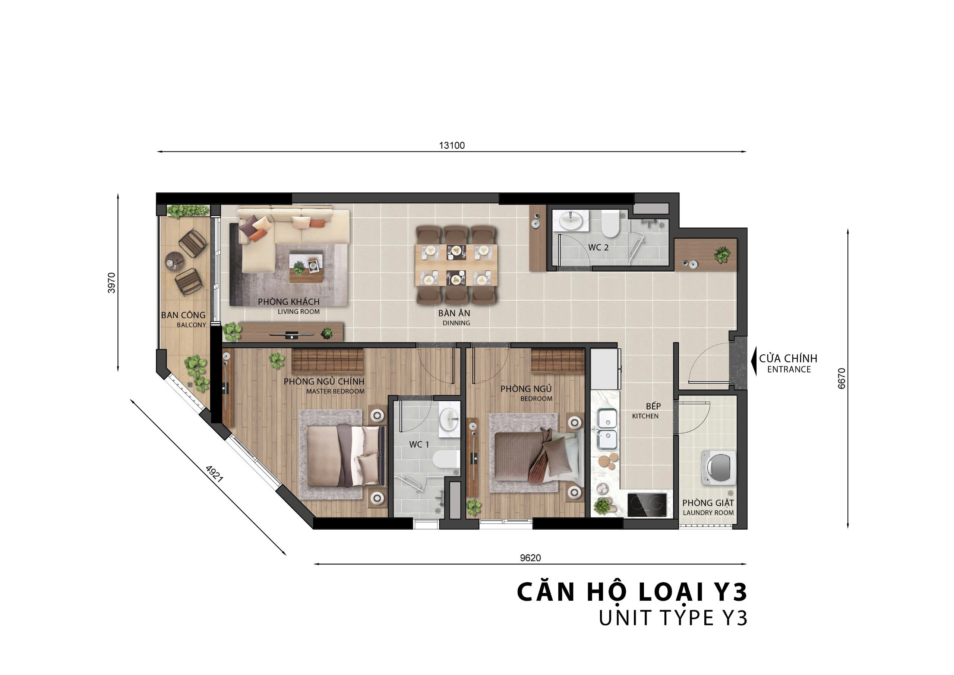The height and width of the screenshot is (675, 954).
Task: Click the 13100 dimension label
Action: (452, 145)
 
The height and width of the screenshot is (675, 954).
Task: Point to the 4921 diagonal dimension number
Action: (214, 474)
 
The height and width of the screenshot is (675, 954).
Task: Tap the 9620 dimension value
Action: (530, 558)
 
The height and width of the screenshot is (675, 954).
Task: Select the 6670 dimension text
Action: (841, 379)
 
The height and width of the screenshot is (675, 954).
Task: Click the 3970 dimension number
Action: (111, 283)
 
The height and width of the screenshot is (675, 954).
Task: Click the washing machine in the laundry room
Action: (718, 468)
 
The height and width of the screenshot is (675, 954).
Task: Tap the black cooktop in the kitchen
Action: (647, 505)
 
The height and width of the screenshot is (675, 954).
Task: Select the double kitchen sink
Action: (607, 429)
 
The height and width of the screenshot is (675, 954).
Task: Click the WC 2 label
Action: (598, 248)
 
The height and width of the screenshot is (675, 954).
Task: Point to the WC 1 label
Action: (419, 445)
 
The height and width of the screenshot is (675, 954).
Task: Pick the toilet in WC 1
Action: (445, 459)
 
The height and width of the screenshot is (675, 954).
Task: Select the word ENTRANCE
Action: (789, 369)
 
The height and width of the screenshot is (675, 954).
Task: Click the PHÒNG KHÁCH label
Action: (289, 302)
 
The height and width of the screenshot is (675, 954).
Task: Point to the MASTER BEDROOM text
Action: (335, 391)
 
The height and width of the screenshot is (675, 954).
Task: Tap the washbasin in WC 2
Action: (571, 220)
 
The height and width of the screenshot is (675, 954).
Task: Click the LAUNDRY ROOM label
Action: (708, 513)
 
